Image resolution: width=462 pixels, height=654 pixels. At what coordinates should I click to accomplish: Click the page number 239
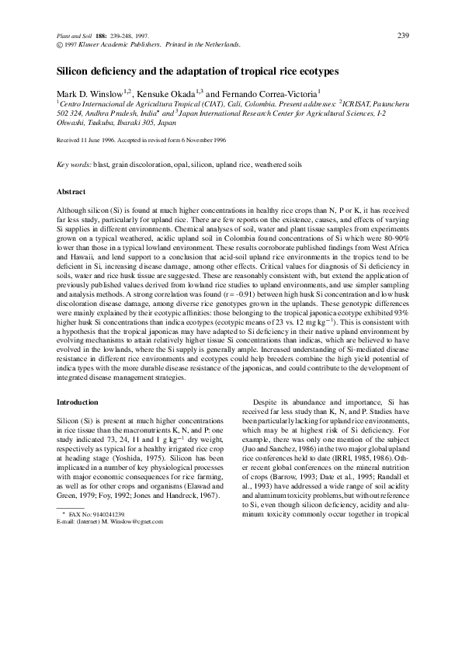(x=403, y=36)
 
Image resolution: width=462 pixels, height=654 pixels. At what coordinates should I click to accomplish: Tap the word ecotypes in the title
(x=313, y=71)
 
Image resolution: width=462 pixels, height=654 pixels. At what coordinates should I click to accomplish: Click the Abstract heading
(x=71, y=192)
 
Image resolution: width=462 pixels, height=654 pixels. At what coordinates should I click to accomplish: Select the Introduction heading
(x=78, y=402)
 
